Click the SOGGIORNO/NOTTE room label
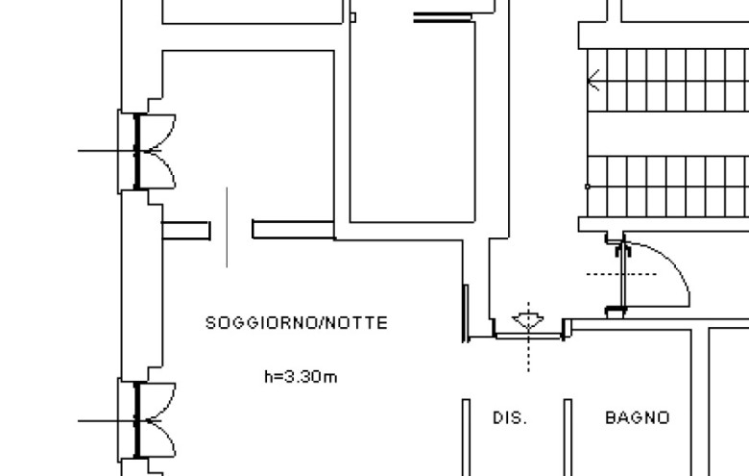click(297, 323)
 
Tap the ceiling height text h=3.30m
click(301, 376)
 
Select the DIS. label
click(510, 418)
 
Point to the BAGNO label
click(637, 418)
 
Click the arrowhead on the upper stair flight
click(594, 80)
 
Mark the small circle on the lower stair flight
click(588, 186)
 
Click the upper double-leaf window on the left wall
click(149, 150)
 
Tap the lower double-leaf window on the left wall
click(149, 419)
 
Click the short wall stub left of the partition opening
click(185, 230)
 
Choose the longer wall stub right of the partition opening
click(293, 229)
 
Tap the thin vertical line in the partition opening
click(227, 227)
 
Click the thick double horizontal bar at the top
click(443, 17)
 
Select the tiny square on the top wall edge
click(352, 16)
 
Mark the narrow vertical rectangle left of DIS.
click(466, 438)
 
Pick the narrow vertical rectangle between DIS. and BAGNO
click(568, 438)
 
